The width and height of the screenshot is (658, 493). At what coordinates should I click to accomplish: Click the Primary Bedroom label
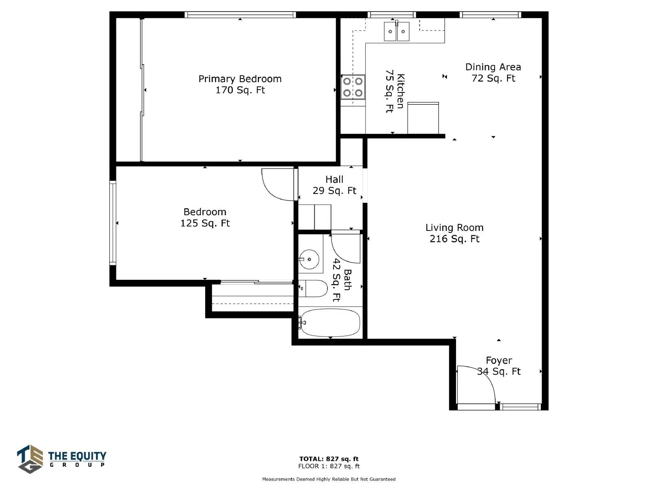click(240, 79)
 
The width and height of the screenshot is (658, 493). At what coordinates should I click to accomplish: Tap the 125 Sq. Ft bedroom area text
click(205, 223)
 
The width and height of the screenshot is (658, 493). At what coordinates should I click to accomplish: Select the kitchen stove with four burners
click(353, 87)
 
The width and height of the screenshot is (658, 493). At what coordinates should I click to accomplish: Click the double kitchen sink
click(396, 31)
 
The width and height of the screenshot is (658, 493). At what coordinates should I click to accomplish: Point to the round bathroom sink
click(309, 259)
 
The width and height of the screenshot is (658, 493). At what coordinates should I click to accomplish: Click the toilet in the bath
click(313, 288)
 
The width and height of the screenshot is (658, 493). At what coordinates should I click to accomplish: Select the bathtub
click(330, 323)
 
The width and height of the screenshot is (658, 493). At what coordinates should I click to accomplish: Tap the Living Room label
click(454, 228)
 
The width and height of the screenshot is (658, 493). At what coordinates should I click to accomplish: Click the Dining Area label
click(493, 67)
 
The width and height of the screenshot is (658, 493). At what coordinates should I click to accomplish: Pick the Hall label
click(334, 179)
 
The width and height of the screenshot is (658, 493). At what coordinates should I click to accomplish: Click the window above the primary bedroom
click(240, 15)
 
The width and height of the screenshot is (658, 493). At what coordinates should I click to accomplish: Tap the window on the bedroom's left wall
click(113, 223)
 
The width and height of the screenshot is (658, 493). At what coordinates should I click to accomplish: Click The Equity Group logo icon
click(30, 459)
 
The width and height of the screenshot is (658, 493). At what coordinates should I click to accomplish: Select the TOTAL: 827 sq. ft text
click(329, 458)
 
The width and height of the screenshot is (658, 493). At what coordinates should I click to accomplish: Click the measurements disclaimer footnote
click(329, 479)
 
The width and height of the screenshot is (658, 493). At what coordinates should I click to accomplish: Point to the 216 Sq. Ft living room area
click(454, 239)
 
